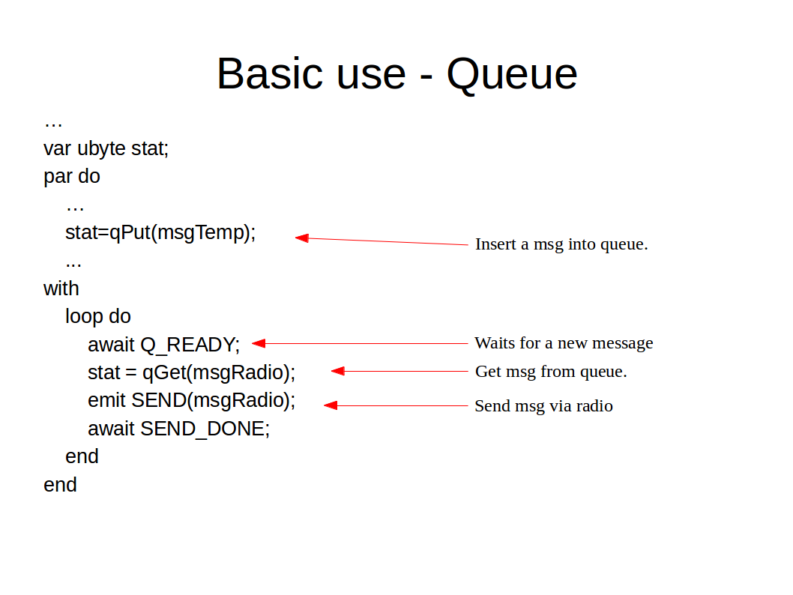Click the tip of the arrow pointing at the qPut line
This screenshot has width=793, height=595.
pyautogui.click(x=295, y=237)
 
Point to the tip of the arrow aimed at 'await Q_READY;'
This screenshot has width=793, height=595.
pyautogui.click(x=252, y=343)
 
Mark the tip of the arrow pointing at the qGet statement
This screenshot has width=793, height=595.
pyautogui.click(x=331, y=371)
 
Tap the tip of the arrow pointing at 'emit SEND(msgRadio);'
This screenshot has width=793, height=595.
pyautogui.click(x=324, y=405)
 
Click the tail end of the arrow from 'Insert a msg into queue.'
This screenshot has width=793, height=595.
pyautogui.click(x=468, y=245)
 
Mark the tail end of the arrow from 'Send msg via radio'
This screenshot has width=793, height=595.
pyautogui.click(x=468, y=405)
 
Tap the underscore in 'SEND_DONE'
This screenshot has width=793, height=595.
pyautogui.click(x=202, y=438)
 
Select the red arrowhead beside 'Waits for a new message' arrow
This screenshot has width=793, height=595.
pyautogui.click(x=259, y=343)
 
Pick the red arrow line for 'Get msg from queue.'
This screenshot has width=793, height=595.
pyautogui.click(x=400, y=371)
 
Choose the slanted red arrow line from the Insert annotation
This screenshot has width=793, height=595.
pyautogui.click(x=382, y=241)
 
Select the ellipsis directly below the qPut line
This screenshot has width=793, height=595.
pyautogui.click(x=73, y=265)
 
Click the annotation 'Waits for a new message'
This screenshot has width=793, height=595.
pyautogui.click(x=564, y=343)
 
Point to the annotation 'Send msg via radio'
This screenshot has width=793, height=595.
pyautogui.click(x=543, y=405)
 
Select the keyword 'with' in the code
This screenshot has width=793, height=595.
pyautogui.click(x=61, y=289)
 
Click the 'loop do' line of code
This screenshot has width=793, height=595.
pyautogui.click(x=98, y=316)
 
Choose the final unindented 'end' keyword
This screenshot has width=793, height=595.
pyautogui.click(x=60, y=485)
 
